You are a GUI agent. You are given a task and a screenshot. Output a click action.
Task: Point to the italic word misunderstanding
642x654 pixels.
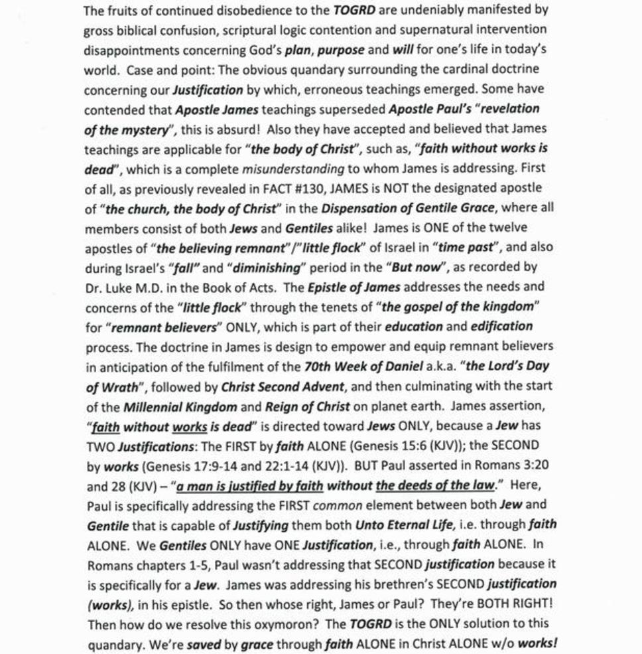tap(293, 168)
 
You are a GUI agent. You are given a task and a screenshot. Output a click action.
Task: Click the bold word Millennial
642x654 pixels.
tap(180, 406)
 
